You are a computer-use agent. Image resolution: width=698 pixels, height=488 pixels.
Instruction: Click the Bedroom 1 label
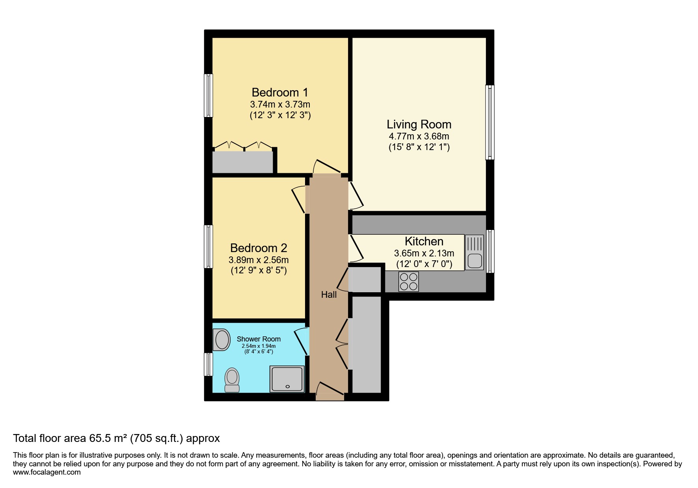click(x=280, y=93)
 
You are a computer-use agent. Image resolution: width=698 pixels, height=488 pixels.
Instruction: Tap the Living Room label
click(x=419, y=124)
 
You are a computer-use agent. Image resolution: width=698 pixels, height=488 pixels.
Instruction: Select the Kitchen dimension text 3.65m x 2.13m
click(x=424, y=253)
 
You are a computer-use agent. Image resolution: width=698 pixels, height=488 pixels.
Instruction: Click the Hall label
click(x=329, y=295)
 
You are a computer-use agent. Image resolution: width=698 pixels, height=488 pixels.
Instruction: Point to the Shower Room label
click(x=259, y=339)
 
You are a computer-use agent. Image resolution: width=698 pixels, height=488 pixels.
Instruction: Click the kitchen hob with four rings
click(x=408, y=282)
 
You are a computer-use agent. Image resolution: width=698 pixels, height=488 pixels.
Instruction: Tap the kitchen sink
click(x=475, y=252)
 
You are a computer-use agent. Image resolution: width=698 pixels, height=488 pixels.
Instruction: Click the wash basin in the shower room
click(x=221, y=340)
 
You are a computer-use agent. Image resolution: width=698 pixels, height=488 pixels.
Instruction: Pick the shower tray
click(x=287, y=379)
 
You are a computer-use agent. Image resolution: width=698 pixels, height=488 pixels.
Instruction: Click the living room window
click(x=490, y=122)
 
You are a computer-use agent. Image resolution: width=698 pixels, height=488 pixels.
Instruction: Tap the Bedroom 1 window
click(x=208, y=95)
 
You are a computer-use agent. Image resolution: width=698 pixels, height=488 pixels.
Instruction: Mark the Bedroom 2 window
click(x=208, y=247)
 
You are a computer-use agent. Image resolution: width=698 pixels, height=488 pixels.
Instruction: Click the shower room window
click(x=208, y=364)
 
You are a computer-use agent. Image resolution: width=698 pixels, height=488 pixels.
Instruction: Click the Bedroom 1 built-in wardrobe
click(x=243, y=162)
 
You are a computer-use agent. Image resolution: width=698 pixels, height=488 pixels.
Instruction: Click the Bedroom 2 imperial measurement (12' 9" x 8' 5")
click(x=259, y=271)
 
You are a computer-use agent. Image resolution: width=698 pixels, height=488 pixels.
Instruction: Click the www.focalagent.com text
click(x=47, y=472)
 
